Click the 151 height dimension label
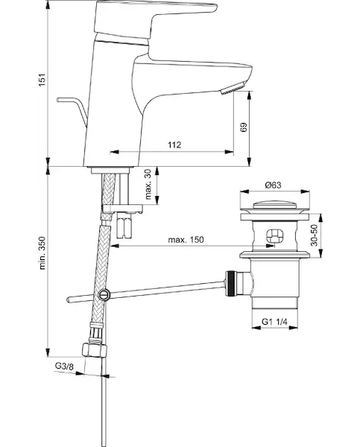point(42,80)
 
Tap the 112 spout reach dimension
point(174,145)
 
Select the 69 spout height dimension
point(243,127)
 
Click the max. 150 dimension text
point(186,239)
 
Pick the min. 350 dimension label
point(42,253)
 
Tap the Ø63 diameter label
point(273,186)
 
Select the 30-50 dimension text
point(314,235)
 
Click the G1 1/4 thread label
point(274,322)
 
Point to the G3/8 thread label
point(64,366)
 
